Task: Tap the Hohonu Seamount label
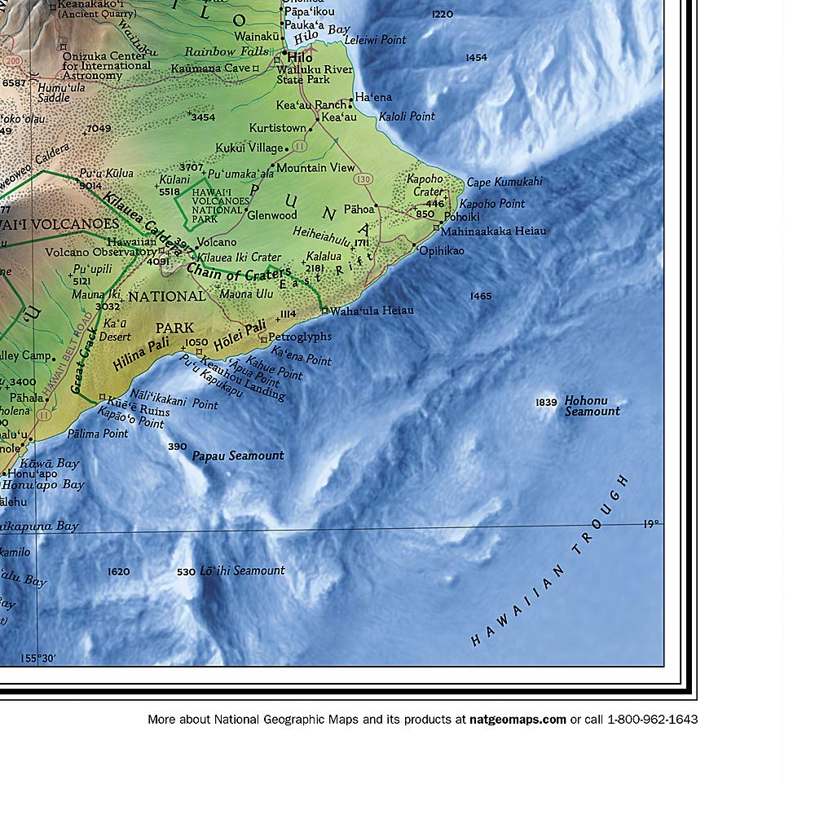point(593,406)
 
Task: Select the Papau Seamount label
point(238,456)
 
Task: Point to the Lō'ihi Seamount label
point(242,570)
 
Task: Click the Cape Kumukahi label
point(504,182)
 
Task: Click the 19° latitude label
point(650,524)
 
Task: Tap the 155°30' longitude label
point(39,659)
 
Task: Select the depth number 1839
point(546,403)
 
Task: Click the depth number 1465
point(481,296)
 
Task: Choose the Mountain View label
point(315,168)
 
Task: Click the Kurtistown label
point(277,128)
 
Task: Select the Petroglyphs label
point(300,336)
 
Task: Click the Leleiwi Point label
point(375,39)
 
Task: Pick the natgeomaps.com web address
point(518,720)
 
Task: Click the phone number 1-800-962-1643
point(652,720)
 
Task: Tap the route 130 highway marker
point(363,178)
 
